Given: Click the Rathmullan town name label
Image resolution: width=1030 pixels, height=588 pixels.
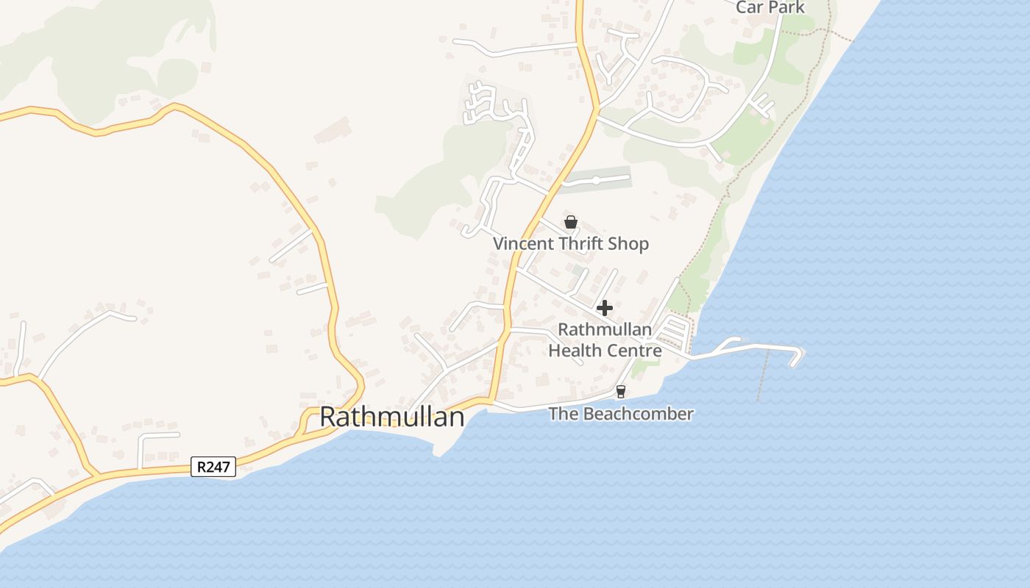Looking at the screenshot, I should [x=392, y=417].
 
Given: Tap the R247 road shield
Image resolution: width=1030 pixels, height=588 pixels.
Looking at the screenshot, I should [x=213, y=467].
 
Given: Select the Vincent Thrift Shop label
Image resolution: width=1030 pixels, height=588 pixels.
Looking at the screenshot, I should [x=571, y=243].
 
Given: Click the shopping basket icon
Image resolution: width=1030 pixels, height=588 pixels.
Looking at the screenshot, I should [x=571, y=221].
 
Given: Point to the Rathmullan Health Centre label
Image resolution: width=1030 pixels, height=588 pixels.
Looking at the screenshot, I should [x=605, y=340].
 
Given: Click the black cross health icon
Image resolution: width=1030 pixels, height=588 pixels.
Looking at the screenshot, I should [x=605, y=308].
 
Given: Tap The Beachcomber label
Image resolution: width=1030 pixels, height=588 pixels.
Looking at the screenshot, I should [x=621, y=414].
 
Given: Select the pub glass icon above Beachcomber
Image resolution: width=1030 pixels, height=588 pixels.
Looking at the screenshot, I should [x=621, y=392].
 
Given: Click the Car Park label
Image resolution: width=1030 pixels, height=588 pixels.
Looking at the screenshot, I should [x=771, y=7].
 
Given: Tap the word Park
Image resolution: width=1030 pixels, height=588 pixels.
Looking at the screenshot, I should [x=788, y=7].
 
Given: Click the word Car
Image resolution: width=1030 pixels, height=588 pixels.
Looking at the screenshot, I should [x=750, y=7].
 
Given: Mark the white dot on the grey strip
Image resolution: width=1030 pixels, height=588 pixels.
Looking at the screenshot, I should [x=596, y=180].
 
